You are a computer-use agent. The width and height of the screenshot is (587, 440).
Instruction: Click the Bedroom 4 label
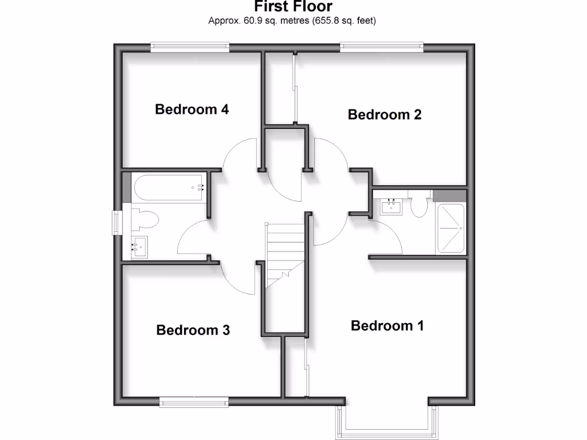[192, 109]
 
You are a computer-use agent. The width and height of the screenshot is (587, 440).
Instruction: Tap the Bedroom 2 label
[385, 114]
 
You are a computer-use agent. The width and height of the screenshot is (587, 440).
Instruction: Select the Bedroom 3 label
[193, 330]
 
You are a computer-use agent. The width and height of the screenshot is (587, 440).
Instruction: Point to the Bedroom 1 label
[388, 326]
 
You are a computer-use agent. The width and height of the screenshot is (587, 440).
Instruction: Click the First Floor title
[293, 7]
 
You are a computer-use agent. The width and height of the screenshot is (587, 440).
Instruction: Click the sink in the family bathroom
[139, 247]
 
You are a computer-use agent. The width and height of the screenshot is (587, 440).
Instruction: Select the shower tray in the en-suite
[451, 227]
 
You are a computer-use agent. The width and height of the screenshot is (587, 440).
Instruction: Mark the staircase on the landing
[284, 254]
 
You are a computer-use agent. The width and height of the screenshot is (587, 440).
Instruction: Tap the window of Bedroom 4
[190, 48]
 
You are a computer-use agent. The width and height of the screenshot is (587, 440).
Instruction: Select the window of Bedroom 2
[381, 48]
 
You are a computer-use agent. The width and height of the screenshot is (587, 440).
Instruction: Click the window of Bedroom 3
[194, 402]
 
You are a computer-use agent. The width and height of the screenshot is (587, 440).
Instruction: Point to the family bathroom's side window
[116, 223]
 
